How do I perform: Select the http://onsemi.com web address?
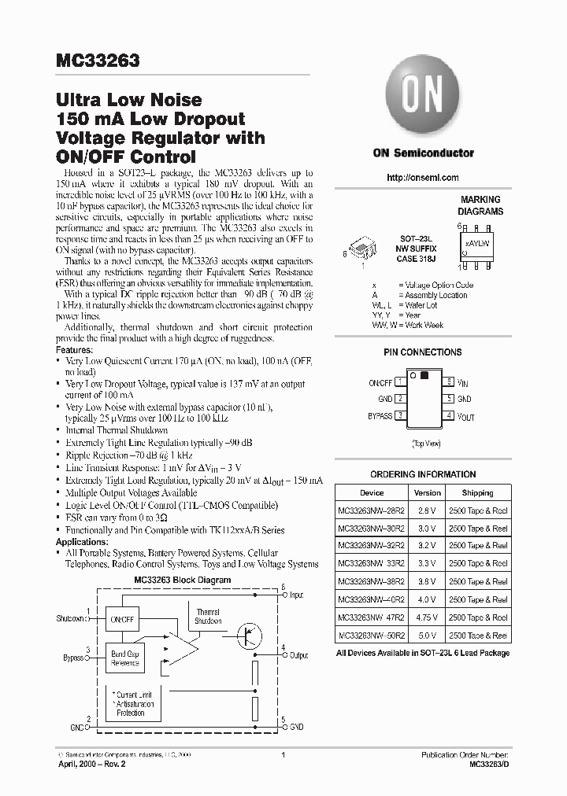pos(423,178)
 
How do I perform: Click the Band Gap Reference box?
pos(125,658)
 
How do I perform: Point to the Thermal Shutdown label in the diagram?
pos(208,616)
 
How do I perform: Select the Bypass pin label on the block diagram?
pos(73,658)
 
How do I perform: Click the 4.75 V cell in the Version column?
pos(427,617)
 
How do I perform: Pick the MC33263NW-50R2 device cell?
pos(372,635)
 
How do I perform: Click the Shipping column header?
pos(477,492)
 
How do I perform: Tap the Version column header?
pos(427,492)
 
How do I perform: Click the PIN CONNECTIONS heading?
pos(423,352)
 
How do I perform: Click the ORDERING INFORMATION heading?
pos(423,474)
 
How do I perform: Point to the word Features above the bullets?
pos(75,349)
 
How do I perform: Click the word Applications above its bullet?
pos(82,543)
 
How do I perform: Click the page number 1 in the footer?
pos(282,755)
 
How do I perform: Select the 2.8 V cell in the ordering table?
pos(427,510)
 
